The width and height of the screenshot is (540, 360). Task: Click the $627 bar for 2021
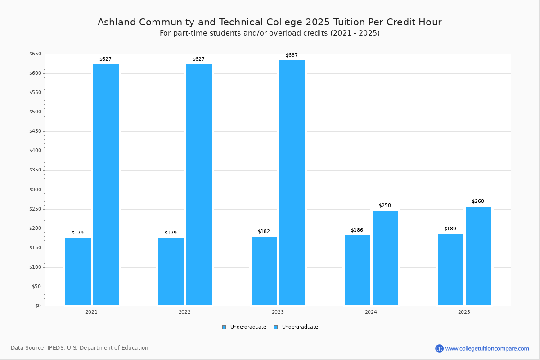click(106, 184)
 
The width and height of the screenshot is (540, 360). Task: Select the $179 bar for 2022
click(171, 271)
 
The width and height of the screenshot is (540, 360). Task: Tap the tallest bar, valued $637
click(292, 183)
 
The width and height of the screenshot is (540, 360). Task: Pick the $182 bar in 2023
click(264, 271)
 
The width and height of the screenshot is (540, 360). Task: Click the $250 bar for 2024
click(385, 258)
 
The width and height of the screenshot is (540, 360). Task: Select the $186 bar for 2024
click(357, 270)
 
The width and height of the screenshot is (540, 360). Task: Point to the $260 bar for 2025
click(478, 256)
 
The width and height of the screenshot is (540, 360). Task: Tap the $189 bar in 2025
click(450, 270)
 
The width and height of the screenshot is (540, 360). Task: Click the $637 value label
click(292, 55)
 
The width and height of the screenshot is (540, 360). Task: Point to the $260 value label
click(478, 202)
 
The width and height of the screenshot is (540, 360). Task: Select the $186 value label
click(357, 230)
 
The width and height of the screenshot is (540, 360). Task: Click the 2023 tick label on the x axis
click(278, 312)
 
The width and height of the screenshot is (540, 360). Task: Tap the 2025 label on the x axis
click(464, 312)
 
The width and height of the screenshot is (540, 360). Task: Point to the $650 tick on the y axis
click(35, 54)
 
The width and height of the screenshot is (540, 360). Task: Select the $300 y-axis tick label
click(35, 190)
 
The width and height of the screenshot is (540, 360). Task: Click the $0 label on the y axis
click(38, 306)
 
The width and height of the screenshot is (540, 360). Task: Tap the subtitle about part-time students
click(270, 33)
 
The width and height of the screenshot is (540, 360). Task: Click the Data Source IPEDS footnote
click(80, 348)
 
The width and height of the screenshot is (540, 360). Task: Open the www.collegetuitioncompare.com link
click(487, 348)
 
